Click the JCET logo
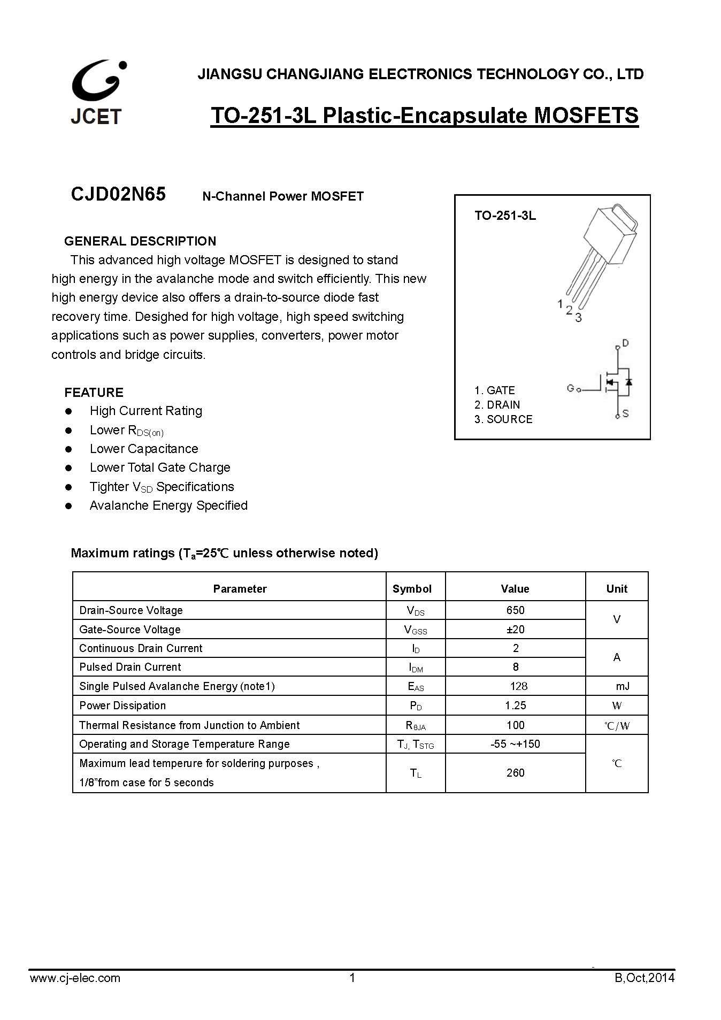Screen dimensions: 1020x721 click(97, 93)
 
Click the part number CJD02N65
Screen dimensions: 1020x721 click(118, 194)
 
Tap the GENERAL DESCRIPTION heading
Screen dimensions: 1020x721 click(140, 241)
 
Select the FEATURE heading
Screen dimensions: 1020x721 click(94, 392)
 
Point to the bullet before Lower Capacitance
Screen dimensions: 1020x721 click(68, 449)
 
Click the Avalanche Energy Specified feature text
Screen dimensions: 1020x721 click(168, 505)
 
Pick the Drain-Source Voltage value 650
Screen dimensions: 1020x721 click(515, 610)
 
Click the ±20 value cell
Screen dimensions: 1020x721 click(515, 629)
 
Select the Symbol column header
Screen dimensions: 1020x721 click(412, 588)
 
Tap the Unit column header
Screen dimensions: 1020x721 click(617, 588)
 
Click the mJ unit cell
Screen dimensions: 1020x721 click(623, 686)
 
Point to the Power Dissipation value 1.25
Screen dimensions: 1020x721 click(515, 705)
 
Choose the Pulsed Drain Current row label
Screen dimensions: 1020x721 click(130, 667)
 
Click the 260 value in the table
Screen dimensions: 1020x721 click(515, 772)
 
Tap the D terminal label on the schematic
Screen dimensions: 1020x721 click(626, 343)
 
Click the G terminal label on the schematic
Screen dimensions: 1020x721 click(571, 388)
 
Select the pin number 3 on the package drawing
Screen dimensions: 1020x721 click(578, 318)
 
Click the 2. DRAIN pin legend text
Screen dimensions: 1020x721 click(497, 405)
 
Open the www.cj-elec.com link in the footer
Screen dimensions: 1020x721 click(75, 978)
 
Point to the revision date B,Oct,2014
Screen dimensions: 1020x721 click(645, 978)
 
